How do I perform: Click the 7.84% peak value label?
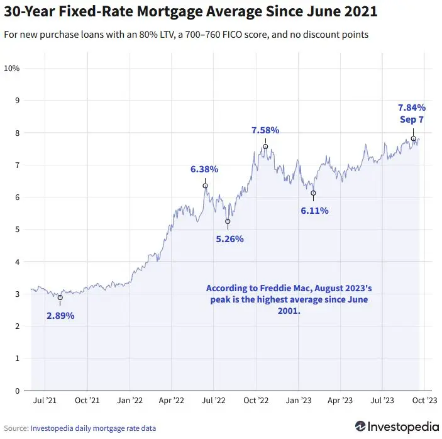point(412,107)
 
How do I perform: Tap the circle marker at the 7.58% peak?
point(265,147)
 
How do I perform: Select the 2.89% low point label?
point(60,316)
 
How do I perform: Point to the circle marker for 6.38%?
point(205,186)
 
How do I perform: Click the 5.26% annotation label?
point(229,239)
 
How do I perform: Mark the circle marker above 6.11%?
point(313,193)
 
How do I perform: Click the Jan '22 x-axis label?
point(130,401)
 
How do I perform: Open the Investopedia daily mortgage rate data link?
point(93,428)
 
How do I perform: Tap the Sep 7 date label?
point(412,119)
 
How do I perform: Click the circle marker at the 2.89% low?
point(60,297)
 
